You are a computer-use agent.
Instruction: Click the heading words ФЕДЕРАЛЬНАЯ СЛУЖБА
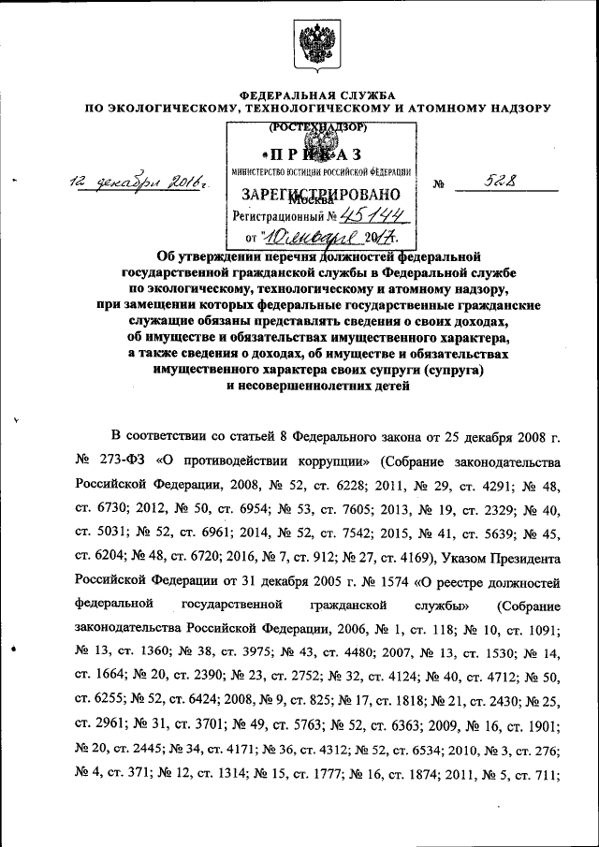317,95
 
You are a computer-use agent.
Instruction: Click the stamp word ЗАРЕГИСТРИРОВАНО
321,194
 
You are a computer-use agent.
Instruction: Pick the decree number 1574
340,584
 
